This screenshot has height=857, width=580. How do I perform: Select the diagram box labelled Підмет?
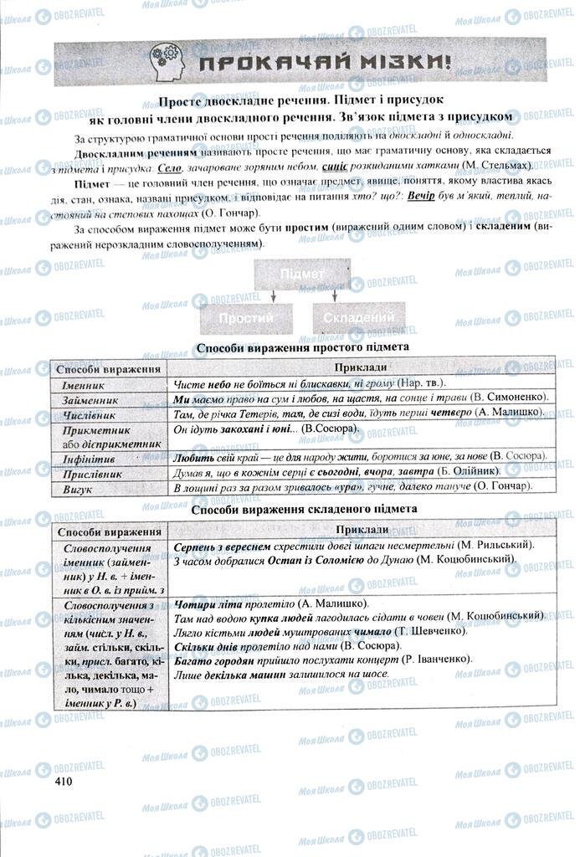(302, 275)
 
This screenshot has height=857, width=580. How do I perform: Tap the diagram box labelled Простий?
(246, 319)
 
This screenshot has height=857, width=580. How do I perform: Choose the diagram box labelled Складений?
(358, 319)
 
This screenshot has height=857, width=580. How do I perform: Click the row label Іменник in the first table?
(84, 386)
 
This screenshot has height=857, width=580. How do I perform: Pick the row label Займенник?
(89, 400)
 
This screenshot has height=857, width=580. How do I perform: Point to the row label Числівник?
(88, 415)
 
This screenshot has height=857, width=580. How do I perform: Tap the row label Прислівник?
(92, 474)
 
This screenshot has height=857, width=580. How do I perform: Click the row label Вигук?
(77, 489)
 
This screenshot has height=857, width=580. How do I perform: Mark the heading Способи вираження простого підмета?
(302, 346)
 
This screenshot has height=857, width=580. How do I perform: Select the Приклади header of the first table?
(361, 367)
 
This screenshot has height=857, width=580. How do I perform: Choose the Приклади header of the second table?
(361, 531)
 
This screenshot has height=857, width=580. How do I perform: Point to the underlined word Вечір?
(426, 195)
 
